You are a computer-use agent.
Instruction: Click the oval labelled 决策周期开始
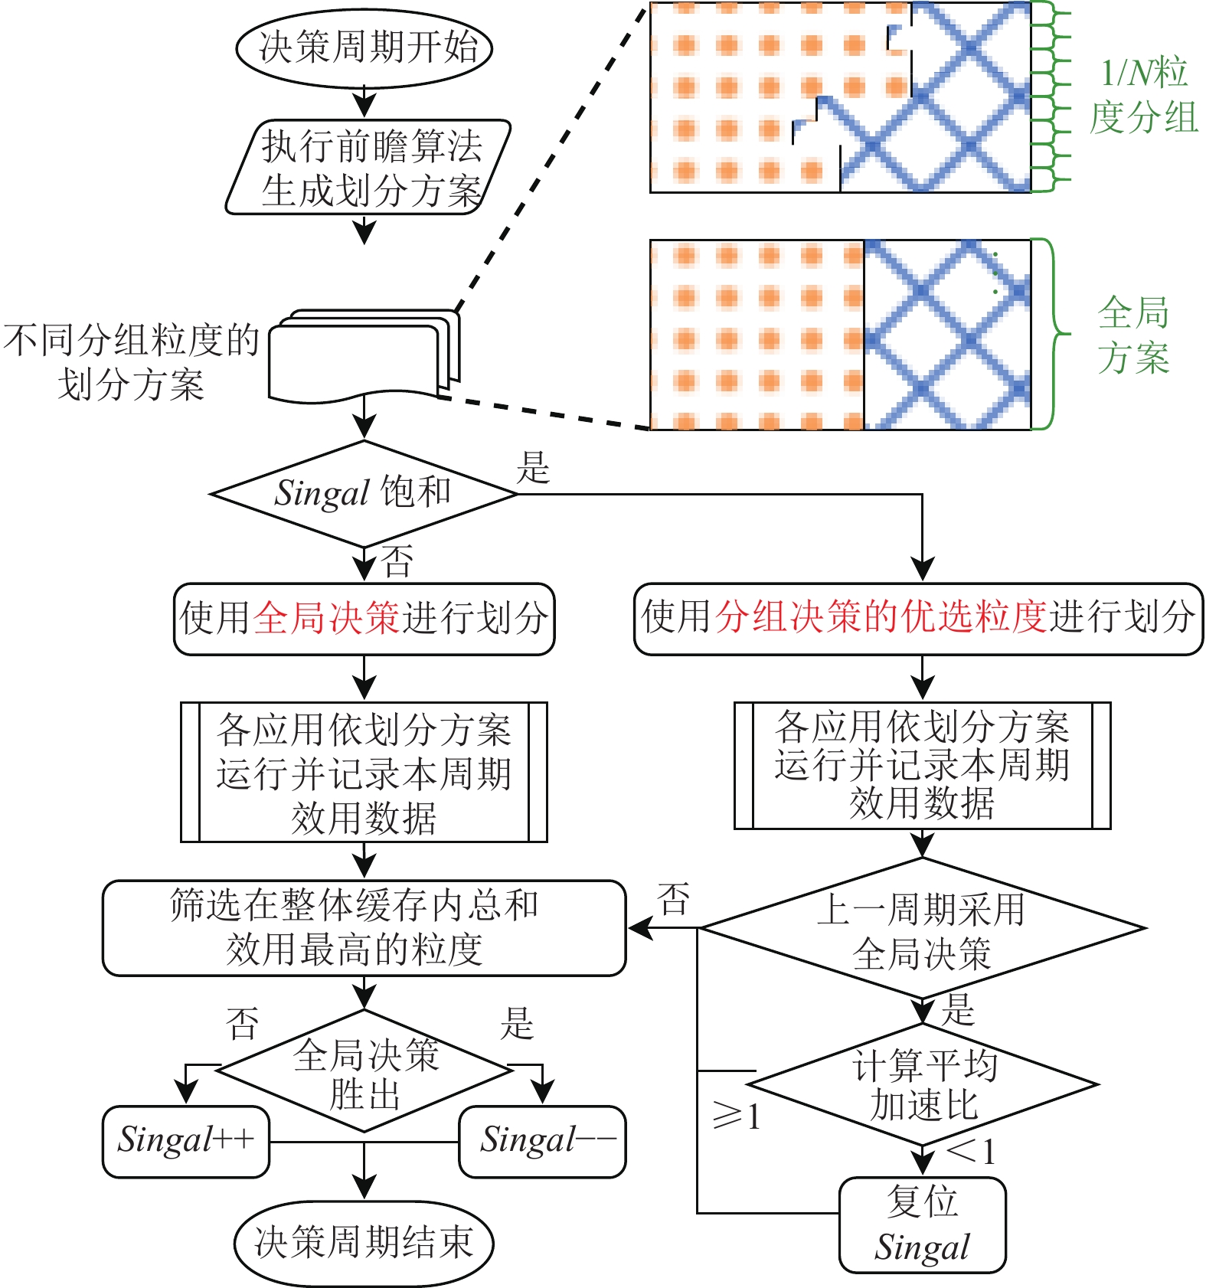click(364, 47)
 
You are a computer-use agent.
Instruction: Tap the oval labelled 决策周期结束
click(364, 1241)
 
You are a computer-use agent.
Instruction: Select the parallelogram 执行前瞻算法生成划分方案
click(368, 168)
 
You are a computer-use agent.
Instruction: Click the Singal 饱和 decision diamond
click(364, 494)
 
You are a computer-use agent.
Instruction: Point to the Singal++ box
click(186, 1141)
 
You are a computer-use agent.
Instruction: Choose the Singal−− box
click(543, 1141)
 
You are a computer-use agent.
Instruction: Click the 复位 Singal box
click(922, 1224)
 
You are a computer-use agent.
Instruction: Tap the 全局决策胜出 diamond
click(364, 1071)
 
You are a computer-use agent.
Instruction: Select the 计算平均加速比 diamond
click(923, 1084)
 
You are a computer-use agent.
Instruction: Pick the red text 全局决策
click(326, 618)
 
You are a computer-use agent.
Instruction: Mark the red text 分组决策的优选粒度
click(881, 617)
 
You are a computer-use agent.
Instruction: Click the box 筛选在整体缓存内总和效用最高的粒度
click(364, 927)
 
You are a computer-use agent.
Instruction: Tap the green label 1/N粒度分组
click(1143, 96)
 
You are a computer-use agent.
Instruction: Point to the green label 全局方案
click(1133, 335)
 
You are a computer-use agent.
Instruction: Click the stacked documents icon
click(364, 355)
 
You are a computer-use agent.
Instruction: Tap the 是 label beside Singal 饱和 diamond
click(534, 467)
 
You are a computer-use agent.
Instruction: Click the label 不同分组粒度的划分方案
click(131, 362)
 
